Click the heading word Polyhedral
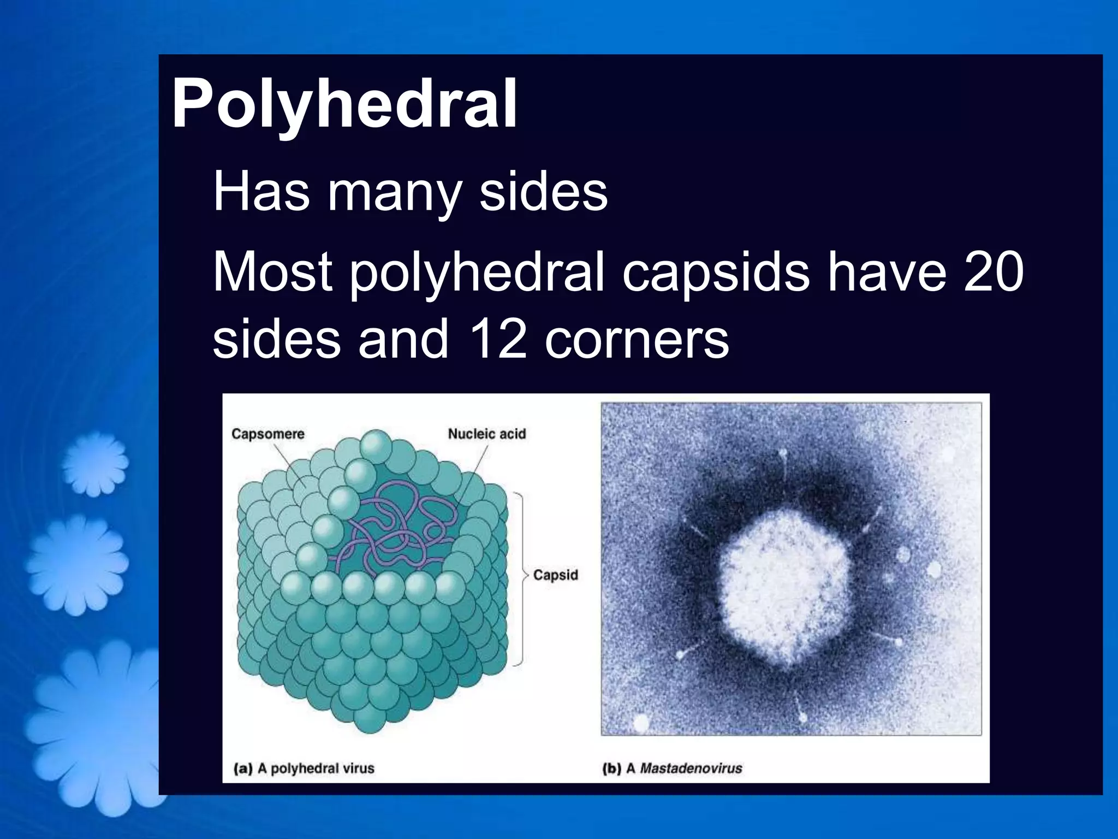click(x=344, y=104)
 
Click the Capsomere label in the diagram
click(x=267, y=434)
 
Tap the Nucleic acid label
click(x=487, y=434)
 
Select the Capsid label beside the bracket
click(x=555, y=575)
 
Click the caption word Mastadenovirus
click(x=691, y=769)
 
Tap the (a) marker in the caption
click(x=243, y=769)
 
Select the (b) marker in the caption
click(x=611, y=769)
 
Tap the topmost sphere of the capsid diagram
click(x=376, y=445)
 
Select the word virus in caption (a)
click(x=358, y=769)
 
